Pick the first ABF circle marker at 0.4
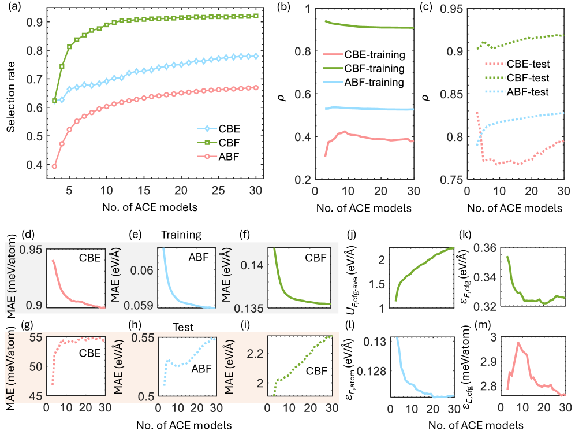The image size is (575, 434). click(x=54, y=166)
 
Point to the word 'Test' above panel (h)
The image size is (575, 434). click(x=183, y=327)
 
